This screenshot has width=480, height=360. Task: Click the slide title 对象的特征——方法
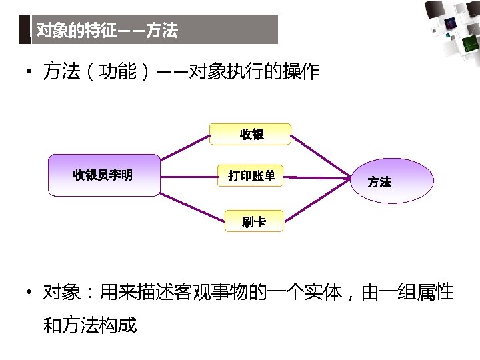[x=107, y=31]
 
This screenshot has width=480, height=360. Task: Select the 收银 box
[x=251, y=134]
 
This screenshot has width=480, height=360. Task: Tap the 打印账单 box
[x=251, y=176]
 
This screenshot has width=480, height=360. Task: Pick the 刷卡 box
[x=253, y=222]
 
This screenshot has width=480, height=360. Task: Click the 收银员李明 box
[x=103, y=175]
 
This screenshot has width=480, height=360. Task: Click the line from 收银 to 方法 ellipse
[x=320, y=155]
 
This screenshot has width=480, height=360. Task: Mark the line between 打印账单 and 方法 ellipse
[x=317, y=177]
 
